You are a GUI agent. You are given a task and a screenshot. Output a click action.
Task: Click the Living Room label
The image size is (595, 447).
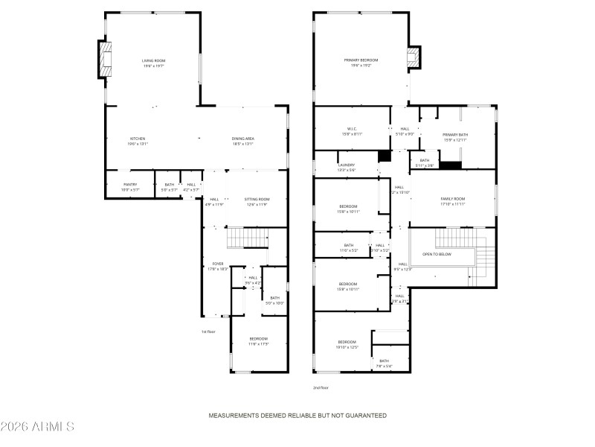coord(152,63)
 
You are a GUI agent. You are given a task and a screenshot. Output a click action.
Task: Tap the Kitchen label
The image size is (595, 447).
coord(138,141)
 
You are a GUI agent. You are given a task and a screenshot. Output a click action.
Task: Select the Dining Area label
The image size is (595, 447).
coord(243,141)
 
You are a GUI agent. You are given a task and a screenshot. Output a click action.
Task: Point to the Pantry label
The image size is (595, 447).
coord(129,187)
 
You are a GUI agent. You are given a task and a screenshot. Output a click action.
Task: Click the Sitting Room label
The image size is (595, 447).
coord(257,201)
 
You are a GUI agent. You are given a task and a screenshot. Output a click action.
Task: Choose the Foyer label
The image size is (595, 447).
coord(218,265)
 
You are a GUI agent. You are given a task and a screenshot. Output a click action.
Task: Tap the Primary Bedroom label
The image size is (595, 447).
coord(361,63)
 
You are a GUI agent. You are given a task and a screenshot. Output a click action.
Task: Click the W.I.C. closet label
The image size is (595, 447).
coord(353,130)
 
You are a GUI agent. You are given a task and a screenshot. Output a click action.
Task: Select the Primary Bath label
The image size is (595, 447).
coord(455,137)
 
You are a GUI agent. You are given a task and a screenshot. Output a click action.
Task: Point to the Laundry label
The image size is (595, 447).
coord(347,168)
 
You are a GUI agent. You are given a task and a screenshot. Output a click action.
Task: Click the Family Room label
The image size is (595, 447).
coord(452,201)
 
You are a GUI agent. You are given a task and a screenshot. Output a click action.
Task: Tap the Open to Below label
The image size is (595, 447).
coord(437,254)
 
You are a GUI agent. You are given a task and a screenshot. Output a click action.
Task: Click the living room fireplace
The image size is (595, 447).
coord(105,60)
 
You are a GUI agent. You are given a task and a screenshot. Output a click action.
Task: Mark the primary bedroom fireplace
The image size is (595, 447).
coord(414,59)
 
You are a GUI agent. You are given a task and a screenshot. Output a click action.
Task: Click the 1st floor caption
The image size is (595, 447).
coord(208,332)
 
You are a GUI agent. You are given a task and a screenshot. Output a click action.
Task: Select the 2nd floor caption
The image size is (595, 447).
coord(321,387)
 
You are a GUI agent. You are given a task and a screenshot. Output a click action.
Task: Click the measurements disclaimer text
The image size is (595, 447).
coord(297,415)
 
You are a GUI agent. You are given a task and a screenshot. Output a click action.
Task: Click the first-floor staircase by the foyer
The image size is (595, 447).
coord(246,238)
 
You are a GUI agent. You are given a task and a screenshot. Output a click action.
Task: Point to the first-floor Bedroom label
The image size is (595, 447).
coord(258,341)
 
